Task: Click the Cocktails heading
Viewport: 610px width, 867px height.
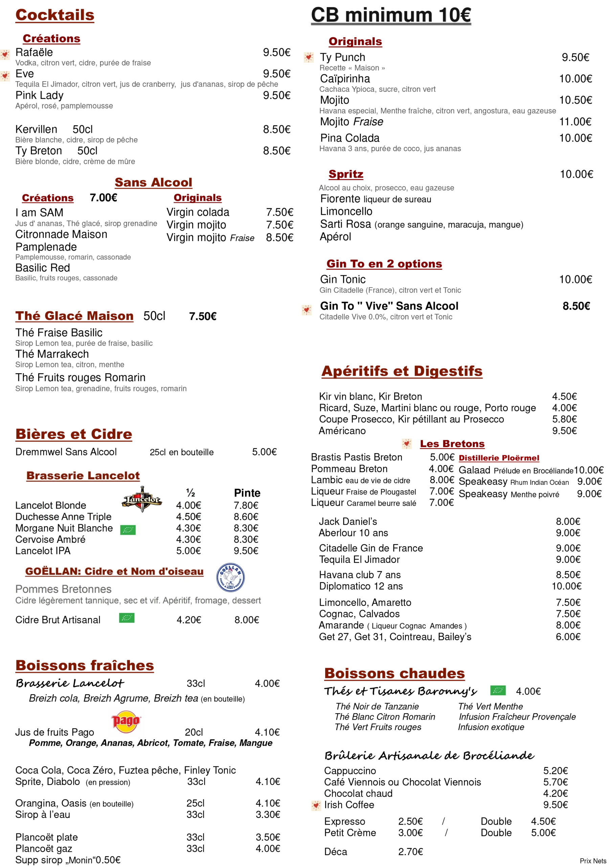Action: tap(54, 15)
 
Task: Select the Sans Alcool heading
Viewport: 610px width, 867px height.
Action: tap(153, 183)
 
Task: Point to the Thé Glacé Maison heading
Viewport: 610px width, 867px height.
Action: tap(74, 316)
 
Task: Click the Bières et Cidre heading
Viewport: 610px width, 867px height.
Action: tap(74, 434)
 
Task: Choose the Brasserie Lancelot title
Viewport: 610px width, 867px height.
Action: tap(83, 475)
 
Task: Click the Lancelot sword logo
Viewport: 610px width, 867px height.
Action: tap(142, 499)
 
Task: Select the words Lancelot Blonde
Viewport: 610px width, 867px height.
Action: tap(50, 505)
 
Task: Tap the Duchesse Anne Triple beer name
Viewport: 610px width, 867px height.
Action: tap(63, 516)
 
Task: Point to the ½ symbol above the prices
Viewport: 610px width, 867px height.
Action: tap(190, 493)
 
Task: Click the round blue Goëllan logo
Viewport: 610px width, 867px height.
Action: tap(230, 577)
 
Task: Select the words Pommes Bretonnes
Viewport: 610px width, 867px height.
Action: tap(63, 589)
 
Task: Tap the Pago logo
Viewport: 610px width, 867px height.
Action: tap(126, 721)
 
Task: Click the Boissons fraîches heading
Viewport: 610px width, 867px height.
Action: tap(85, 665)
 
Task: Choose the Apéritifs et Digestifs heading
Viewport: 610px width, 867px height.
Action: tap(402, 371)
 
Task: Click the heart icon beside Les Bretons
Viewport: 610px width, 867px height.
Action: tap(407, 443)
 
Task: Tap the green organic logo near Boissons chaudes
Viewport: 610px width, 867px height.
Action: tap(498, 691)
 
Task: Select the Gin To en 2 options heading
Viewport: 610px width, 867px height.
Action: tap(384, 264)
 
